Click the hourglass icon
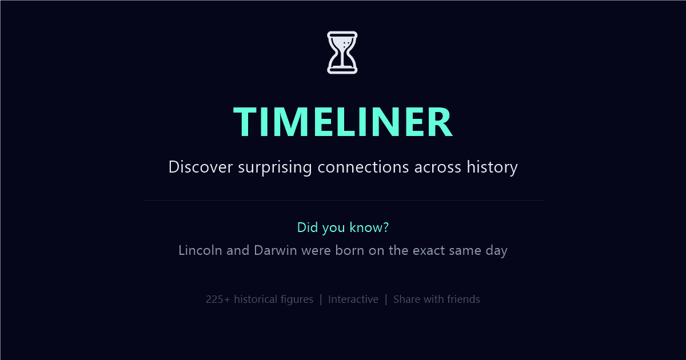342,53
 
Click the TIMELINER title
343,122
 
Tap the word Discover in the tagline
200,167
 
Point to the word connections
363,167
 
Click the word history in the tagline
492,167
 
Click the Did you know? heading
343,227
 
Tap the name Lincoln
200,250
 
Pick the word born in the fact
348,250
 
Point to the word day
496,250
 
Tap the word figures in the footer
297,299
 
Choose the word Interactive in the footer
353,299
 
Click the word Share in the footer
407,299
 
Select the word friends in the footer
463,299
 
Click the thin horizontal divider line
343,201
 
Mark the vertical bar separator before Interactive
321,299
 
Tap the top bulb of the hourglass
342,43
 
